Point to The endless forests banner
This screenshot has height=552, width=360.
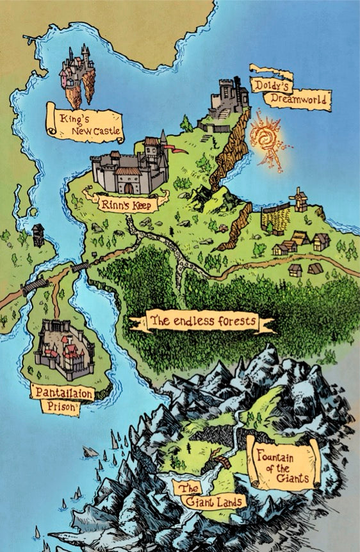pos(202,320)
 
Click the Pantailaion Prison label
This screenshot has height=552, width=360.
pos(63,398)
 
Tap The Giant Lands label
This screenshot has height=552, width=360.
pos(209,494)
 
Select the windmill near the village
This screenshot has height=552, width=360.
pos(299,200)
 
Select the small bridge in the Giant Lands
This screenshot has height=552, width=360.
pos(223,462)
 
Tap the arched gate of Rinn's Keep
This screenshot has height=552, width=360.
pos(129,188)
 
